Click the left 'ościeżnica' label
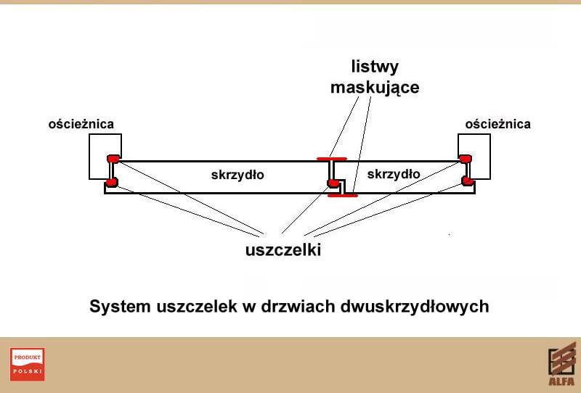81,124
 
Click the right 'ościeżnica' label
497,124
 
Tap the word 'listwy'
375,67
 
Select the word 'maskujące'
375,88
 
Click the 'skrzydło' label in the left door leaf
237,175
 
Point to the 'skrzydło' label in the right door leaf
394,174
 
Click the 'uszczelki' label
283,250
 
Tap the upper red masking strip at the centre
331,159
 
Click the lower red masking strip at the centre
342,194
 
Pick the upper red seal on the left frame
113,158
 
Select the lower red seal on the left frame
111,181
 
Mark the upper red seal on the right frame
465,158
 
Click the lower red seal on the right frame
467,181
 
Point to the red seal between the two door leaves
330,181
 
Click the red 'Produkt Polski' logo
28,364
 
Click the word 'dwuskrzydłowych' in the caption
414,307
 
